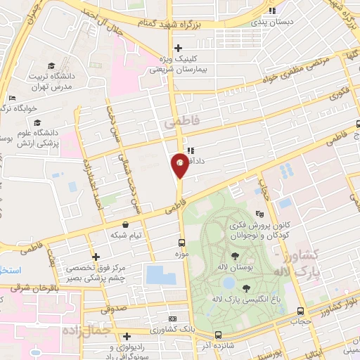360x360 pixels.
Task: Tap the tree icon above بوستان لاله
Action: pyautogui.click(x=234, y=257)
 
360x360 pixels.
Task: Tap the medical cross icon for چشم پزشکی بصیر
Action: pyautogui.click(x=96, y=257)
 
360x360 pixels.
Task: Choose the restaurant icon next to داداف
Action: pyautogui.click(x=191, y=150)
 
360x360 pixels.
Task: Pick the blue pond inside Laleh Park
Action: pyautogui.click(x=229, y=282)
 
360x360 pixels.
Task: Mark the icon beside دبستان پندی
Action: pyautogui.click(x=272, y=11)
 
